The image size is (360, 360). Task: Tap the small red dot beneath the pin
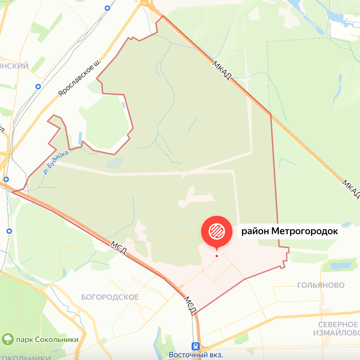click(216, 256)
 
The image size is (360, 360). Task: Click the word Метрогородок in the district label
click(305, 231)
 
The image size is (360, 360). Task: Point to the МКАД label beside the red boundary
click(222, 70)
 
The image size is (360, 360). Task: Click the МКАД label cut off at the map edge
click(351, 190)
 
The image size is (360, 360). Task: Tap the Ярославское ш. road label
click(79, 78)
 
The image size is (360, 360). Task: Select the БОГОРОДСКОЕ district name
click(110, 297)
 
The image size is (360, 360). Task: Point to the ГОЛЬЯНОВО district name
click(321, 285)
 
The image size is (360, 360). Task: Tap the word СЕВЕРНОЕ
click(338, 324)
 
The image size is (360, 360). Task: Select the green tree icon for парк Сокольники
click(8, 339)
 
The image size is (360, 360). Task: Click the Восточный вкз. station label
click(196, 355)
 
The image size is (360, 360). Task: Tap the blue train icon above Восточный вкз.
click(196, 346)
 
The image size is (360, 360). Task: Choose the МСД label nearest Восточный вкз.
click(190, 305)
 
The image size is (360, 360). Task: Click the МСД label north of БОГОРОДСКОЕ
click(119, 249)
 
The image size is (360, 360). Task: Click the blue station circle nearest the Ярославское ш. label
click(38, 87)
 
